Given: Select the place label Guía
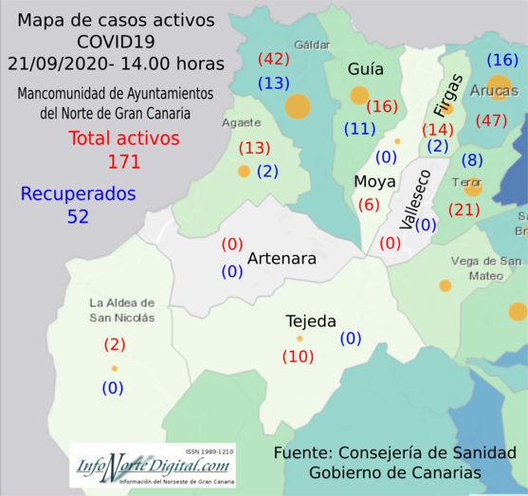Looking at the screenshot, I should pos(359,68).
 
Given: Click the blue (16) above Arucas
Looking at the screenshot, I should pos(502,61).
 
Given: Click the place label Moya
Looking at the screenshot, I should pos(369,181).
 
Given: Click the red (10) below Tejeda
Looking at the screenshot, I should pos(298,357).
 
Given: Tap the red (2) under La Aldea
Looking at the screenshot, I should pos(115,344).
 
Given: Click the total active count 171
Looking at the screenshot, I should pos(123,162).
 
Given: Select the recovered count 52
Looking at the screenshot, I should pos(78,216).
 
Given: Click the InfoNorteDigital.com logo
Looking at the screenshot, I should pos(155,467).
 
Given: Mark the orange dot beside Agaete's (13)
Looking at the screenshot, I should pos(244,172).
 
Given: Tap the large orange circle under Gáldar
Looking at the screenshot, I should pos(298,106).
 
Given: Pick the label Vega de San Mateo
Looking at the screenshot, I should pos(486,268).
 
